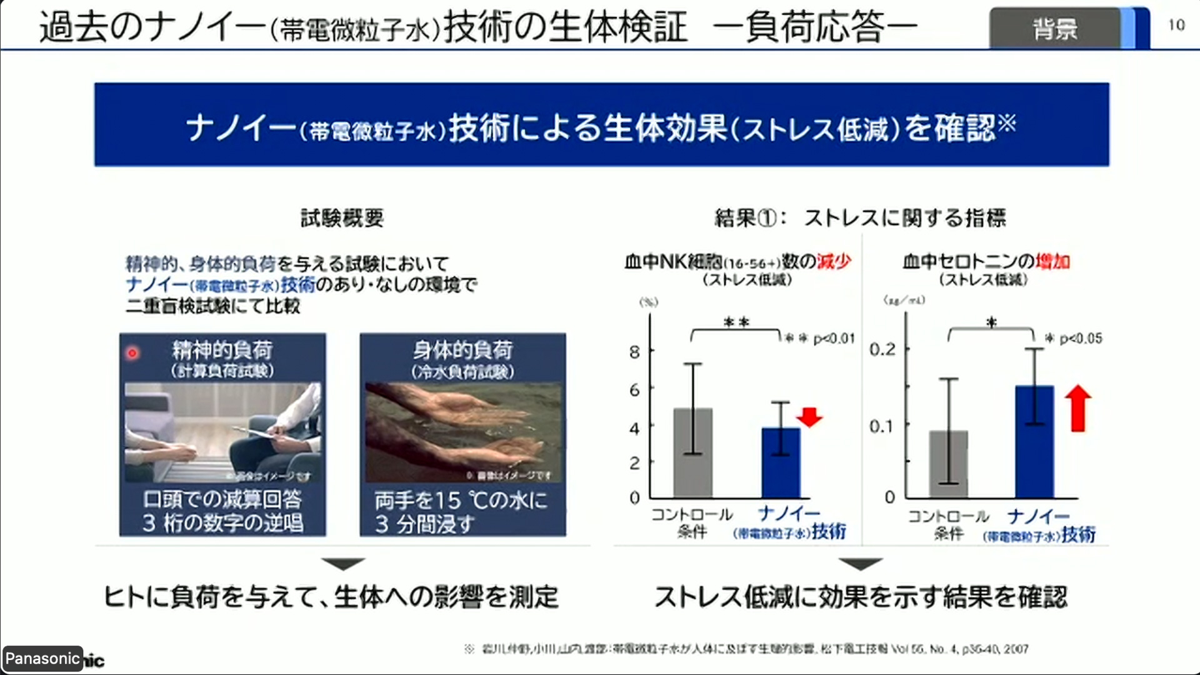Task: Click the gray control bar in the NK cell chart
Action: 692,452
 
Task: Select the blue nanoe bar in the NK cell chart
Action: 781,462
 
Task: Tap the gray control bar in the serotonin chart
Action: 948,464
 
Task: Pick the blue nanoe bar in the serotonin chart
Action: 1034,441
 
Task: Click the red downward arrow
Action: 809,417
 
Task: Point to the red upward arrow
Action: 1077,408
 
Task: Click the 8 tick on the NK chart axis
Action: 634,352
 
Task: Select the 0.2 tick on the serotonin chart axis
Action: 882,349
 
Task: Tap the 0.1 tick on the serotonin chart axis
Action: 882,426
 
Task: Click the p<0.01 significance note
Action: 819,339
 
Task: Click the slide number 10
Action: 1176,25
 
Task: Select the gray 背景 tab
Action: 1055,29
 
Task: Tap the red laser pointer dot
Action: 132,353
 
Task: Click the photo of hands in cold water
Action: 462,431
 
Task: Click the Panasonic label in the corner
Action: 42,658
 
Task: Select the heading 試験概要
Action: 342,218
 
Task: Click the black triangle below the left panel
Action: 343,564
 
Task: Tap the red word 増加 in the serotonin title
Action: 1052,261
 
